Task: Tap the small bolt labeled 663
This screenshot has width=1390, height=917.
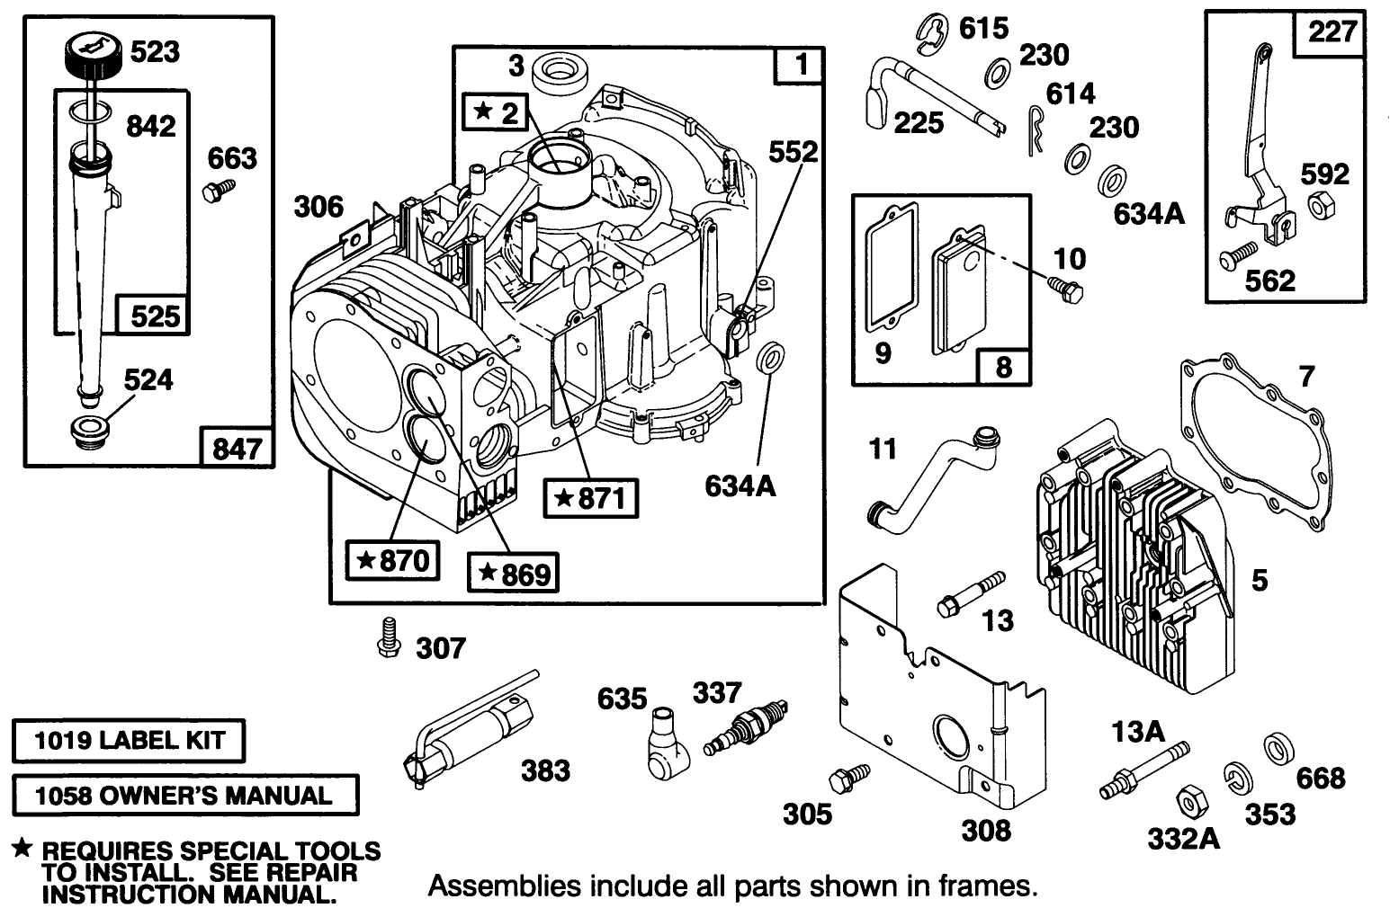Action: [218, 190]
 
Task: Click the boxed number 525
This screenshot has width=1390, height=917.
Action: [155, 315]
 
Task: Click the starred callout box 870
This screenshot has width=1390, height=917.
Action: [392, 561]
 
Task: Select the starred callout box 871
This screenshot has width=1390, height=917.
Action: [592, 497]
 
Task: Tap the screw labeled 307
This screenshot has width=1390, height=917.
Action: [388, 636]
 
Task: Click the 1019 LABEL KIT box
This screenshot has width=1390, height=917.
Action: [129, 742]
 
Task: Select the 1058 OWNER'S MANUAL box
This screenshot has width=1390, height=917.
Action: [184, 795]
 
